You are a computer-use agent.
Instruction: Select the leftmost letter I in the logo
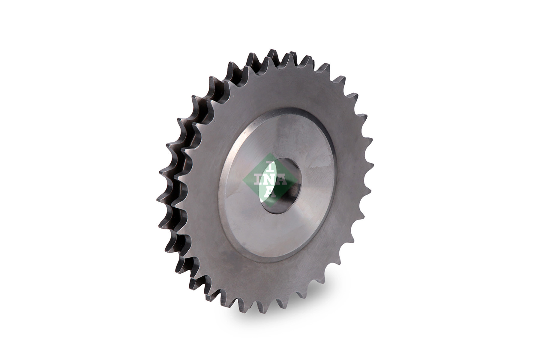(257, 180)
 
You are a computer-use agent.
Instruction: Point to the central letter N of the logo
(270, 180)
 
